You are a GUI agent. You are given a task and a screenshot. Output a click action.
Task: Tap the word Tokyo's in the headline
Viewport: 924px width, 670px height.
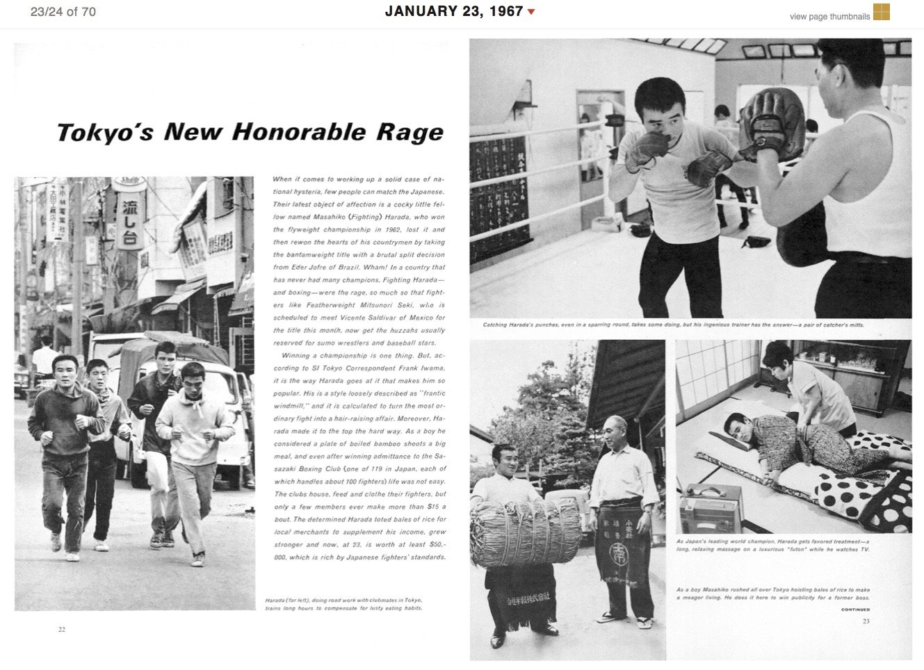tap(104, 133)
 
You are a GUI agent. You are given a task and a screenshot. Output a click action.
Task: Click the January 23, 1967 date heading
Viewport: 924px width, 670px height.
tap(453, 11)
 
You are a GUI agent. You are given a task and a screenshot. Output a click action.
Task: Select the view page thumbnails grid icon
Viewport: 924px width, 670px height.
tap(881, 12)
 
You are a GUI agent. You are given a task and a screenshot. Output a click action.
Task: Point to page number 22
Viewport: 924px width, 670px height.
tap(62, 630)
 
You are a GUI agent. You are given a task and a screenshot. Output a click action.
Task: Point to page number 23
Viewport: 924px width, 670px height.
tap(866, 621)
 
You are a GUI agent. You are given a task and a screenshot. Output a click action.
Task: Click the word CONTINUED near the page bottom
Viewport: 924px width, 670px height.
tap(855, 610)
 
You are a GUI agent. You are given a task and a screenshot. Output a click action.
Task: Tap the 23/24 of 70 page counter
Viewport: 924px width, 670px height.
tap(63, 12)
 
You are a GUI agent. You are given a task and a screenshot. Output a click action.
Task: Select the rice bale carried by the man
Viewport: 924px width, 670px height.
tap(526, 532)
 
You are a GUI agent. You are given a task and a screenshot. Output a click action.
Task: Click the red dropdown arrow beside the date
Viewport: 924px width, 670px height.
tap(532, 12)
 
